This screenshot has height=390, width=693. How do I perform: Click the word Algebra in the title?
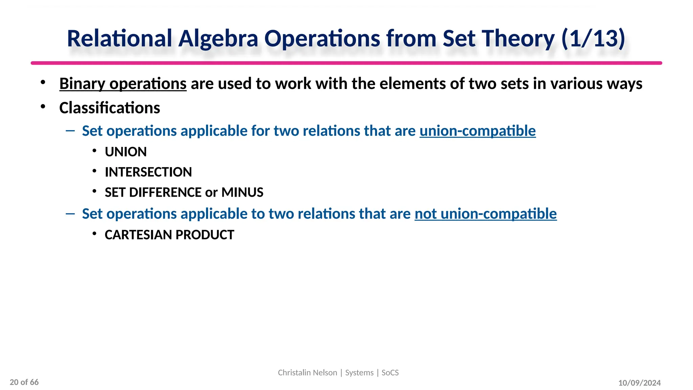click(218, 39)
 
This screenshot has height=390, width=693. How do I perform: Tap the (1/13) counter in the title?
click(593, 39)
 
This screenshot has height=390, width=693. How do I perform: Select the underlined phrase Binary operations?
click(123, 84)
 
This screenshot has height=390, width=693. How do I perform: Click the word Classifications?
click(110, 108)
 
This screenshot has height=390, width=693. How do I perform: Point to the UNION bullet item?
click(126, 152)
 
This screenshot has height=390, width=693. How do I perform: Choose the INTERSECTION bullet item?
click(148, 172)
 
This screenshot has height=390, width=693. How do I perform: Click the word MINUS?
click(242, 193)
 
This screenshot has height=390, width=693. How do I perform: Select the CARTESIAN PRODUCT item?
click(169, 235)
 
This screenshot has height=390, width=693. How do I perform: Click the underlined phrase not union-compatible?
click(486, 214)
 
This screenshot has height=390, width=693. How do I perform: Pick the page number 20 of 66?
click(24, 382)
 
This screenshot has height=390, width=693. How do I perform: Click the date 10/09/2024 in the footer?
click(639, 383)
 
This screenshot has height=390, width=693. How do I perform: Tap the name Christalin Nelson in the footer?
click(307, 373)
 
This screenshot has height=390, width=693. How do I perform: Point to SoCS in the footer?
click(390, 373)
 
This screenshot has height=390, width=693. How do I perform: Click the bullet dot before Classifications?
click(43, 107)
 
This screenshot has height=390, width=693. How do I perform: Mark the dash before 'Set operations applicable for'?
click(70, 130)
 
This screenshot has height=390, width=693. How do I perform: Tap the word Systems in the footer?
click(359, 373)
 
